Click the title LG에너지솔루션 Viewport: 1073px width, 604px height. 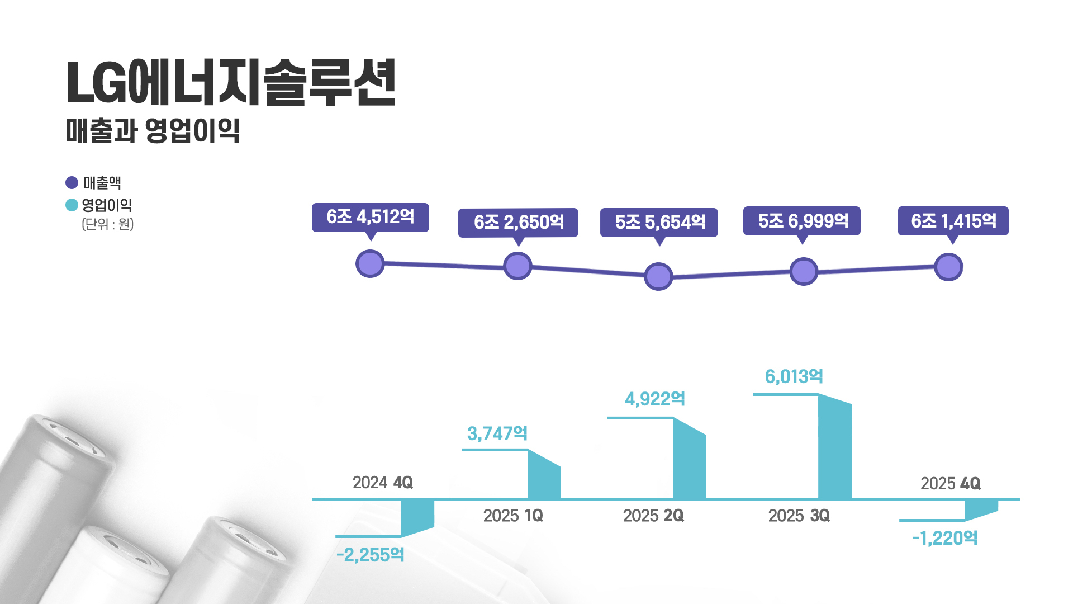(231, 83)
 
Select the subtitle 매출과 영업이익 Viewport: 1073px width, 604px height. (153, 130)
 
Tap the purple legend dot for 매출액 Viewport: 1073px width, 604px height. (72, 183)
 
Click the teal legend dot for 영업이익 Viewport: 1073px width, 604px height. (72, 205)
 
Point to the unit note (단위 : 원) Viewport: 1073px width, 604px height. (108, 224)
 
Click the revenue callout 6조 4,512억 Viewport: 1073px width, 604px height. (370, 217)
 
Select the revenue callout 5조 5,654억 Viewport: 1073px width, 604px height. (659, 223)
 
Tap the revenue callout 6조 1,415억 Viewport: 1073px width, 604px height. (953, 221)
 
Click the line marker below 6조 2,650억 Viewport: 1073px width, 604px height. (517, 266)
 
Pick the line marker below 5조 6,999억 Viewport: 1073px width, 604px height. (804, 272)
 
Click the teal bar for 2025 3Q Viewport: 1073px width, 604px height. (834, 447)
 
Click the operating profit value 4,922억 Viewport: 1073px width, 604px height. (654, 399)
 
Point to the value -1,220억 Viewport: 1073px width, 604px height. (944, 539)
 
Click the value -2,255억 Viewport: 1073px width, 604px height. (370, 555)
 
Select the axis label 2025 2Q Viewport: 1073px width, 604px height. (653, 516)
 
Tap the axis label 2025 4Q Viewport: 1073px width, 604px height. (950, 484)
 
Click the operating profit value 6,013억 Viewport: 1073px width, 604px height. (794, 377)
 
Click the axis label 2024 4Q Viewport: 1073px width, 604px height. (383, 483)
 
